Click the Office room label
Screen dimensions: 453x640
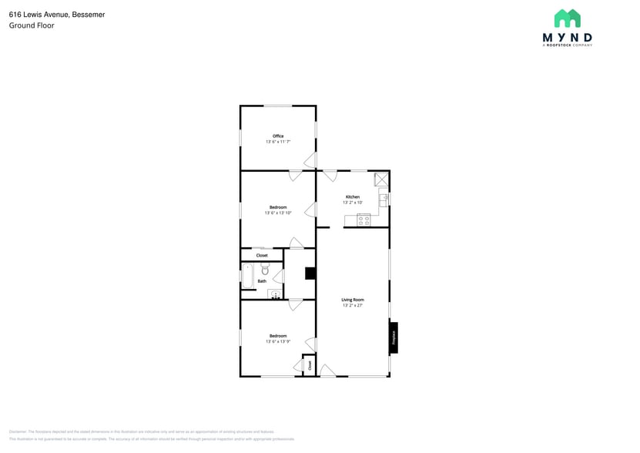278,136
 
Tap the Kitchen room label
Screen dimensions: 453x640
352,196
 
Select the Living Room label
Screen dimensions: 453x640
353,300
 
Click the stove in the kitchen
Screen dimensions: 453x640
364,220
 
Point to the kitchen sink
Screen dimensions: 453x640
383,200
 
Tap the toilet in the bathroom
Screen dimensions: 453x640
264,270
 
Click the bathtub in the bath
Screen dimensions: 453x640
248,276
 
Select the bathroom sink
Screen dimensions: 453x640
273,294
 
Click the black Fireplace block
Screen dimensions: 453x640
393,337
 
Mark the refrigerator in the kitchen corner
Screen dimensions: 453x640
380,179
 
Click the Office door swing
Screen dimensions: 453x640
310,160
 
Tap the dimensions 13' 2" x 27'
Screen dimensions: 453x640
353,306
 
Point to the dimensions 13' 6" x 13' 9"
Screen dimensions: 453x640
277,341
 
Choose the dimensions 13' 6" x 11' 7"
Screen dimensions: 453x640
278,142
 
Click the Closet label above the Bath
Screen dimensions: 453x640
262,255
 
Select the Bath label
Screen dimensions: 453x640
262,281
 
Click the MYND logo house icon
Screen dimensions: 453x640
568,18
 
